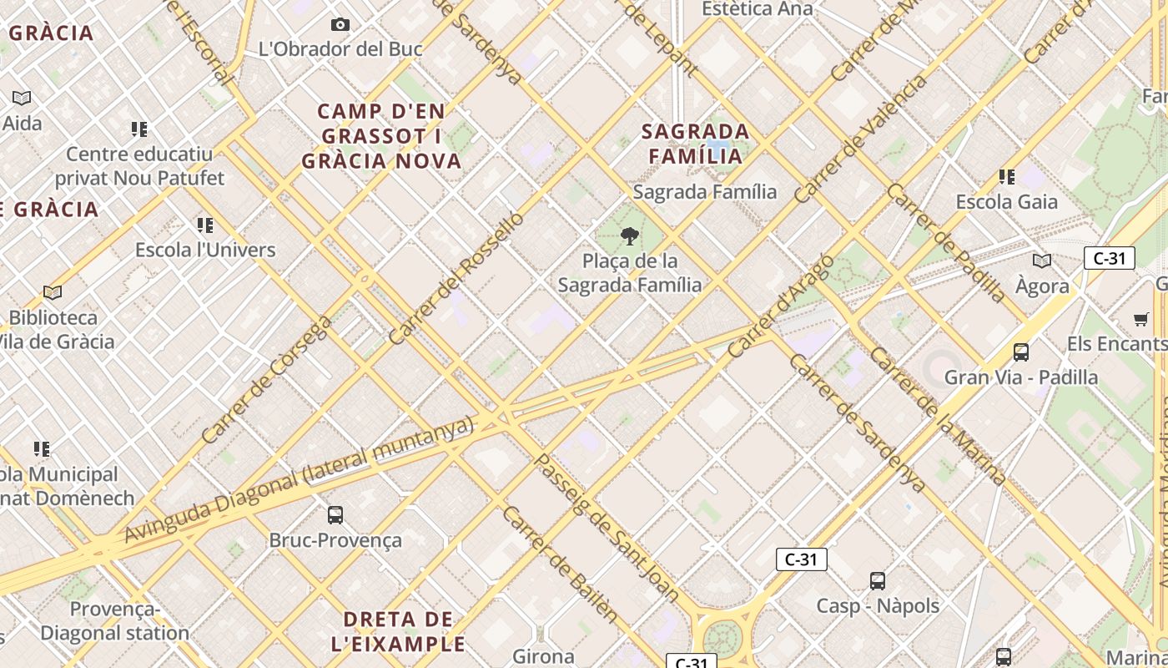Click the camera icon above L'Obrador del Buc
coord(340,24)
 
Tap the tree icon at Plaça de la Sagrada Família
coord(630,236)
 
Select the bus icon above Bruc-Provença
coord(335,515)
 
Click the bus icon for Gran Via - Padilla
coord(1020,352)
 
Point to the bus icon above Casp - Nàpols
coord(877,580)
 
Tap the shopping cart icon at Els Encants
coord(1140,319)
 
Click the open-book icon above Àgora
coord(1042,261)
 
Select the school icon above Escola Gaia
coord(1007,177)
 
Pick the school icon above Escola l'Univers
coord(205,225)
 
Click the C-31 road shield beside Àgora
coord(1109,258)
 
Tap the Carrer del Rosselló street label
coord(456,278)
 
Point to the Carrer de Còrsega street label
coord(266,380)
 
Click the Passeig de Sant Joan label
coord(606,528)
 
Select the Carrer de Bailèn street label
coord(560,564)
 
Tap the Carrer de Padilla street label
coord(946,242)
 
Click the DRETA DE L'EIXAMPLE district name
coord(399,631)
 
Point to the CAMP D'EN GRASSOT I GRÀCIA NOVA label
coord(382,136)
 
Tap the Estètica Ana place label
coord(757,8)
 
